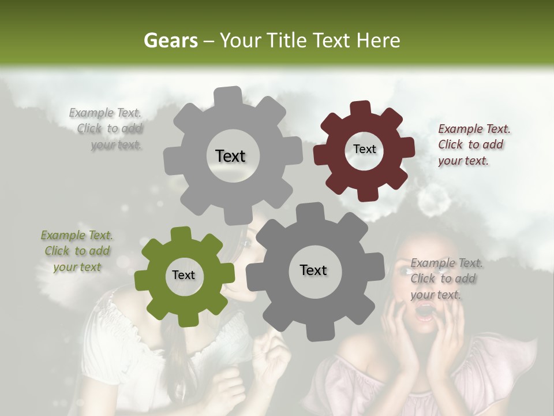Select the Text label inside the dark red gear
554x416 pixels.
pos(364,149)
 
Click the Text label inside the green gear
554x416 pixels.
pos(184,275)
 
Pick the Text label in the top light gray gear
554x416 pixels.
pos(230,156)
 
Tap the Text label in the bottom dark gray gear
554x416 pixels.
pos(313,270)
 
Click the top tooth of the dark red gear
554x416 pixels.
pos(361,108)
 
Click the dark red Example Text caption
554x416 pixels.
pos(473,145)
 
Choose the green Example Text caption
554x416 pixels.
pos(77,251)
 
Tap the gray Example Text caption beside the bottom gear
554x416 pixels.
pos(446,279)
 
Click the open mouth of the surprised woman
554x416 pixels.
pos(425,312)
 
